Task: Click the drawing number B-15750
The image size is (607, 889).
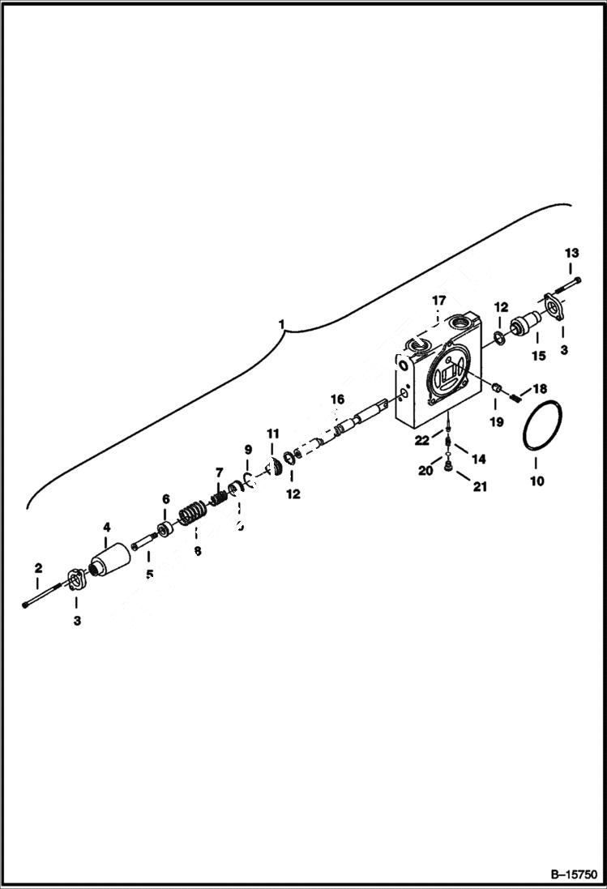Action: point(573,874)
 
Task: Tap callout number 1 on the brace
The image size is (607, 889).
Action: point(281,324)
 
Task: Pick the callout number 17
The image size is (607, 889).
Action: point(438,301)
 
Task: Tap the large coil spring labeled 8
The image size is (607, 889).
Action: point(192,515)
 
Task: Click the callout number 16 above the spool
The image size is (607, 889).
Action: point(336,399)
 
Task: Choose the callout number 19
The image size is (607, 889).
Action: point(496,421)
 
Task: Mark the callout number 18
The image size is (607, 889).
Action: point(540,389)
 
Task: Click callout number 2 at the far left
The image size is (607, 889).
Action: point(37,568)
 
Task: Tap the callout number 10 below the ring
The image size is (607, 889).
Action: point(536,481)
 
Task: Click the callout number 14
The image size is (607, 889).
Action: point(478,459)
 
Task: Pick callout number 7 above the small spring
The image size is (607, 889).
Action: point(218,472)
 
